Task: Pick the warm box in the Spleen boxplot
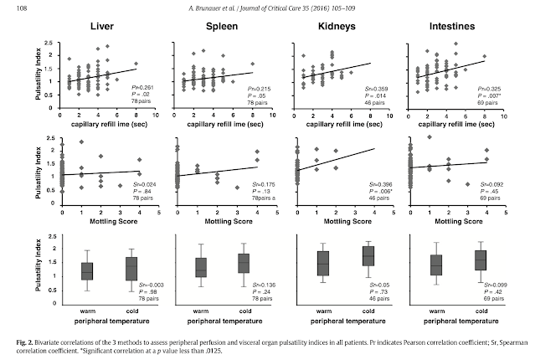(201, 267)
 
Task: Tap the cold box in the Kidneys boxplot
(344, 256)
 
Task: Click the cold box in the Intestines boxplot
(480, 259)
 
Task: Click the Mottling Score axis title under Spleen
(221, 224)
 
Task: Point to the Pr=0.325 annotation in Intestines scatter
(489, 87)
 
